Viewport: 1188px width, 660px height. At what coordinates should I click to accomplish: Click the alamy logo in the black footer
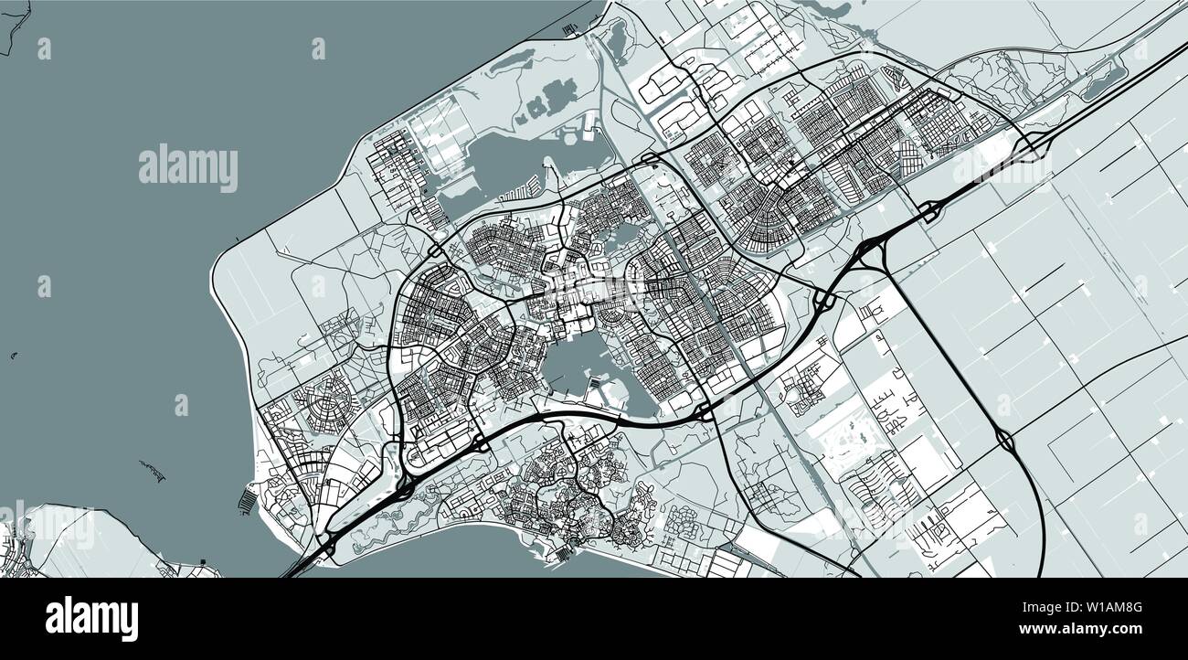[x=91, y=619]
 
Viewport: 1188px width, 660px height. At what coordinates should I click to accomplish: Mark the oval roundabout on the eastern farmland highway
[x=1006, y=441]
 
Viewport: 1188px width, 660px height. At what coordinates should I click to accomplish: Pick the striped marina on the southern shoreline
[x=558, y=553]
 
